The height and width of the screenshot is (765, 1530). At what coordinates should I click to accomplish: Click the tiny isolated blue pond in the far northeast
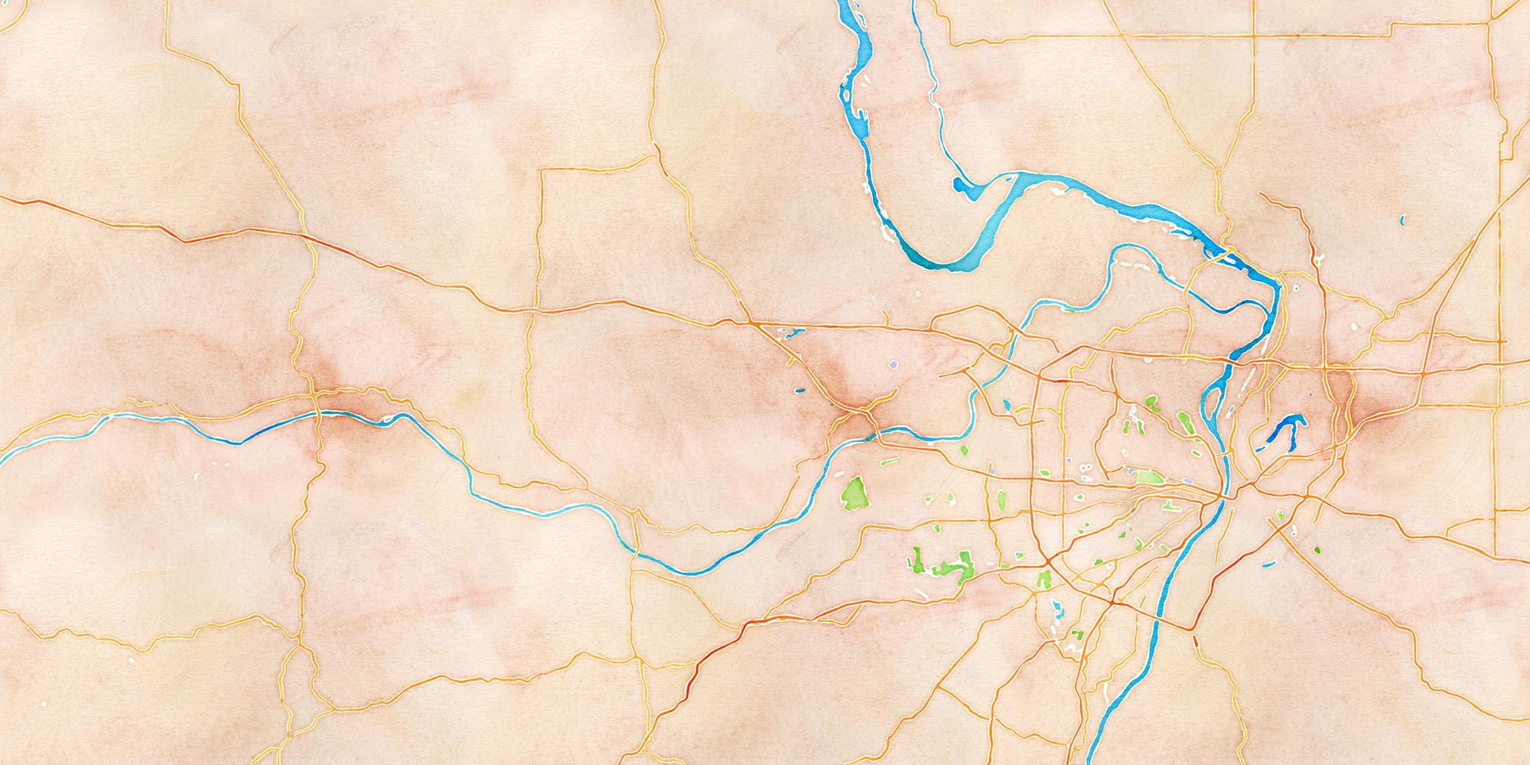coord(1402,220)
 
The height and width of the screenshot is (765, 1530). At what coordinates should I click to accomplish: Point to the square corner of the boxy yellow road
coord(542,171)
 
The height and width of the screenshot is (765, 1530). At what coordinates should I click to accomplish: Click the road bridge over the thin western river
coord(318,414)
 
